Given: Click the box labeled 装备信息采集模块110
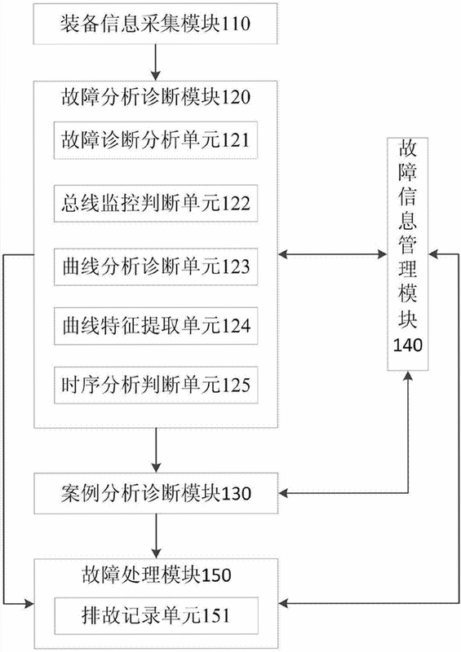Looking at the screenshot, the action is pos(155,24).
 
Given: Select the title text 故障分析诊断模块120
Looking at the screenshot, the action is pos(156,98).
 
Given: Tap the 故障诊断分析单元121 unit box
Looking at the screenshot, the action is pos(156,140).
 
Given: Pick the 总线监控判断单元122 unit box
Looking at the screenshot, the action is pos(156,203).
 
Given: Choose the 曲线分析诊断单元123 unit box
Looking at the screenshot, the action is pos(156,267).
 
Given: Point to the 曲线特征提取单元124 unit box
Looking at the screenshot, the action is pos(156,326).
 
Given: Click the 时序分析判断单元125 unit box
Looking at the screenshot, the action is pos(156,385).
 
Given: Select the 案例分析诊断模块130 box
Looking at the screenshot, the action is pos(156,493).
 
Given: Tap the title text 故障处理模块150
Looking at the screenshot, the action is pos(156,575).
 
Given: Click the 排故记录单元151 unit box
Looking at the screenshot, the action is pos(156,616).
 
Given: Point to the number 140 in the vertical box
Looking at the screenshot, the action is pos(408,345).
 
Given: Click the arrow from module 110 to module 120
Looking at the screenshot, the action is pos(155,62).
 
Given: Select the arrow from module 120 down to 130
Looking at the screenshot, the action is pos(156,451).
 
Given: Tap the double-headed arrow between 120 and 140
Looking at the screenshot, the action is pos(333,253).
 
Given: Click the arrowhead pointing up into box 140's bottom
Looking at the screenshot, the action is pos(408,376).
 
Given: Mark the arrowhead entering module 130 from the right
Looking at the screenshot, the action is pos(284,493).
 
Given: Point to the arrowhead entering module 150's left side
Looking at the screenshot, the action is pos(29,603).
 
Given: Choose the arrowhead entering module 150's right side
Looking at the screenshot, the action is pos(284,603).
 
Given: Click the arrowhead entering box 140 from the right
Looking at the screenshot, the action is pos(434,253).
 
